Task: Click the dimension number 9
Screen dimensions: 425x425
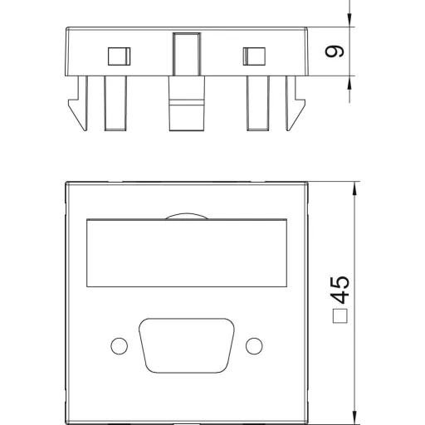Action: (x=335, y=51)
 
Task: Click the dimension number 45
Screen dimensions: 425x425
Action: (x=340, y=290)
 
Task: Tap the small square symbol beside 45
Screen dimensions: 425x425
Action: (x=340, y=315)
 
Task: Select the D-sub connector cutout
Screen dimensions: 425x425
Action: (x=187, y=345)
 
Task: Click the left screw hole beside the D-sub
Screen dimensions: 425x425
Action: (x=119, y=346)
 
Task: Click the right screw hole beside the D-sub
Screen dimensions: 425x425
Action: (x=254, y=346)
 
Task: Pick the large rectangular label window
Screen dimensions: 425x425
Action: (x=187, y=253)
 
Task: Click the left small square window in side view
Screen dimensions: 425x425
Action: (x=119, y=56)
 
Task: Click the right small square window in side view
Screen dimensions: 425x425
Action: (x=254, y=56)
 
